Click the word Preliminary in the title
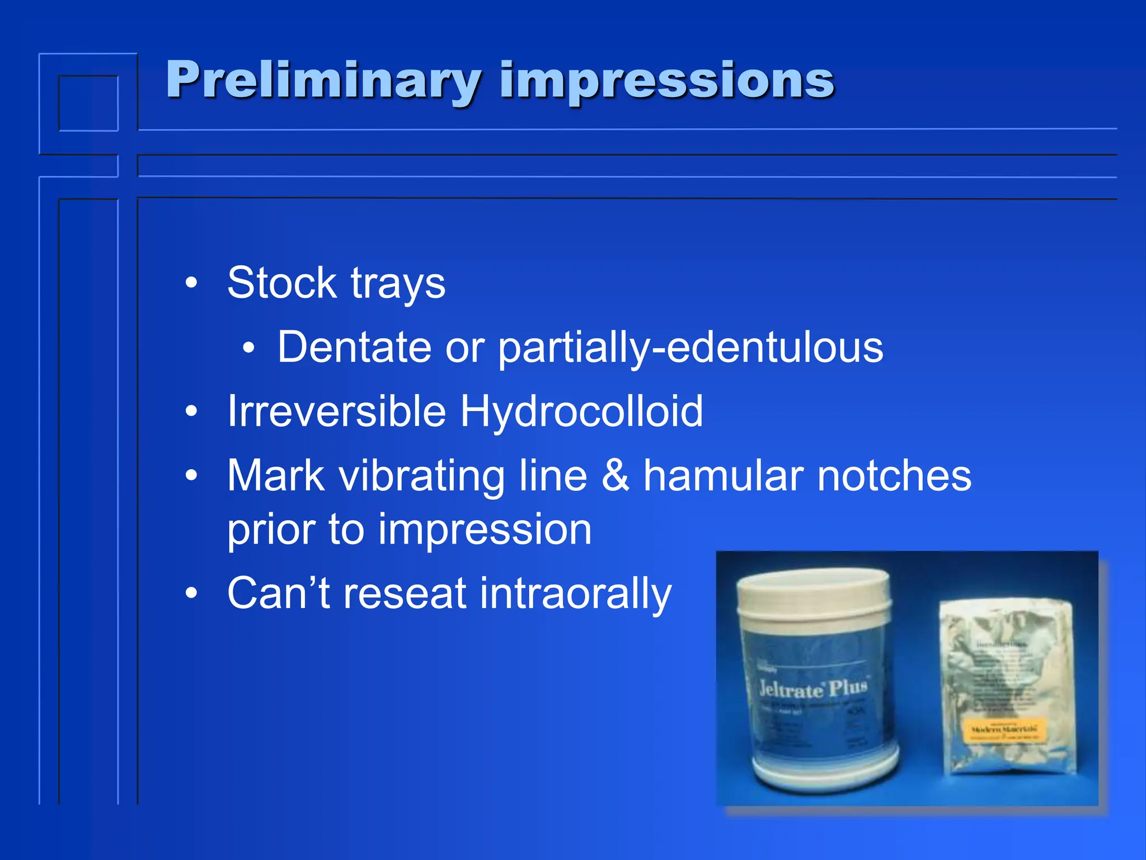click(323, 81)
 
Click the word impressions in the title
click(667, 81)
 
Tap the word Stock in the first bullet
click(281, 283)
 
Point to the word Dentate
click(354, 347)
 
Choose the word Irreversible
click(336, 412)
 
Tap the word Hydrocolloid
click(581, 412)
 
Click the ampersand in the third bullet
click(615, 476)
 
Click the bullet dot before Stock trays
click(192, 283)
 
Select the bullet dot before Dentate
click(248, 348)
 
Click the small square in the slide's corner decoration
click(88, 103)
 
